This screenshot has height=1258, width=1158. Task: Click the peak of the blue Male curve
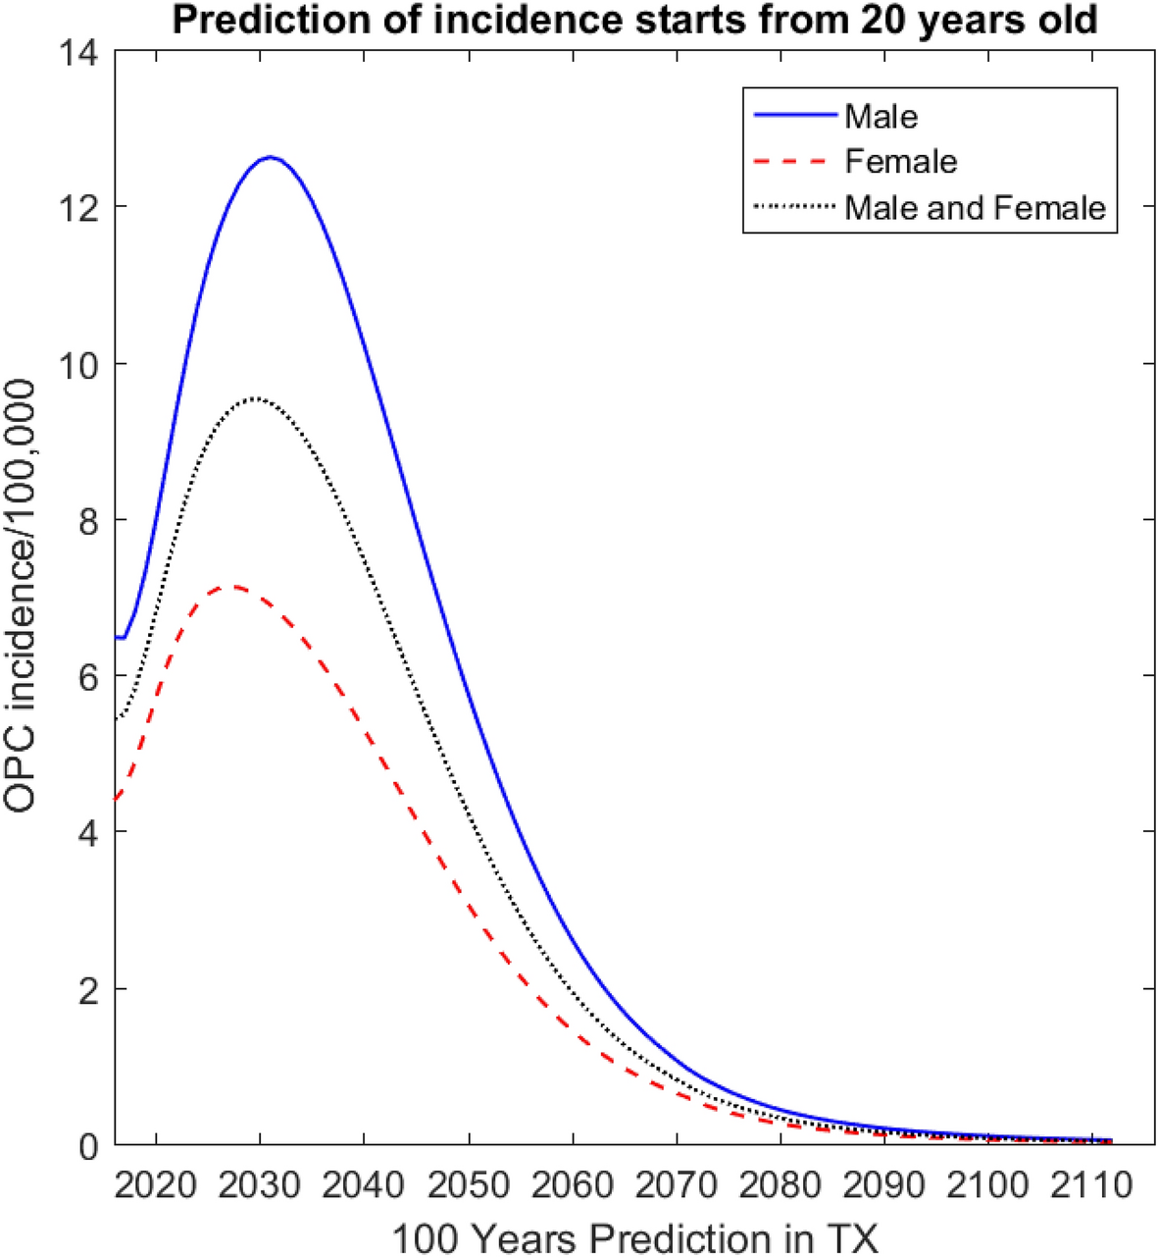(270, 157)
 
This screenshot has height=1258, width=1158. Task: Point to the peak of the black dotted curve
(255, 398)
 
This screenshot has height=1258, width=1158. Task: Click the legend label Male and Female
(975, 208)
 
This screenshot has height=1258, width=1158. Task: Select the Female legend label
(900, 162)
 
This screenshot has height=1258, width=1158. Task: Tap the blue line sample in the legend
(795, 116)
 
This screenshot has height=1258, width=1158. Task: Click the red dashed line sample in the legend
(795, 162)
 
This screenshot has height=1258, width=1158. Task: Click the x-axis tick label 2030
(260, 1185)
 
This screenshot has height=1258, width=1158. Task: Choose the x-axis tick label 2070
(676, 1185)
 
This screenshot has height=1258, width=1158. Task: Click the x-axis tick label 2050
(468, 1185)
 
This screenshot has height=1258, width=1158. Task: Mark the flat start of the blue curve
(120, 638)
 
